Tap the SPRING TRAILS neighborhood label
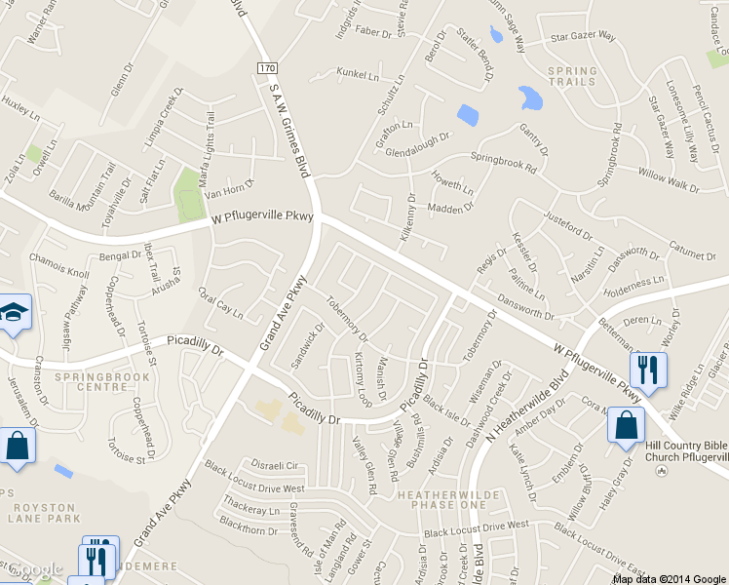tap(571, 76)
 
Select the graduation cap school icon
tap(14, 313)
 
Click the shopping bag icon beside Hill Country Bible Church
tap(625, 426)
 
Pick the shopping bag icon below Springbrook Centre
tap(18, 446)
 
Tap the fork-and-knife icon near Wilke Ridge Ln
tap(647, 370)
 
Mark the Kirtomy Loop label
tap(364, 378)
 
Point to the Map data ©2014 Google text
tap(669, 578)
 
